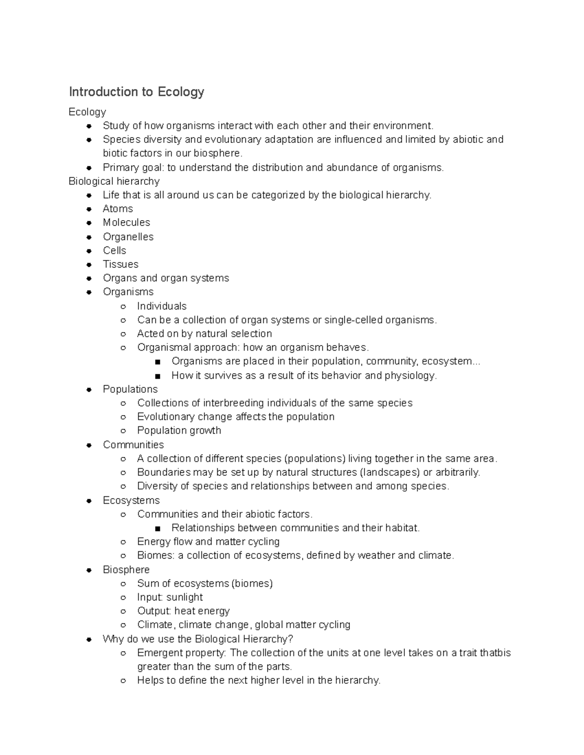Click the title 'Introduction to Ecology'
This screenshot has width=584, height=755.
[x=136, y=92]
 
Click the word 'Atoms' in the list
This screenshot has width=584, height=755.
[x=118, y=209]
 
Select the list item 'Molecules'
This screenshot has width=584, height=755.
[x=127, y=223]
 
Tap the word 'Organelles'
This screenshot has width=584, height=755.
[x=128, y=237]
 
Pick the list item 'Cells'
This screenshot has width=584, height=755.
[x=114, y=250]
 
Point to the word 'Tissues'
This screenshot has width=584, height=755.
[x=121, y=264]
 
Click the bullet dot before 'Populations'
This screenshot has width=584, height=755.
[x=89, y=389]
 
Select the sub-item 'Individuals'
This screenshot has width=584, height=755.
[x=162, y=306]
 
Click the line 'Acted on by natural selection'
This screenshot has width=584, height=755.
[x=204, y=334]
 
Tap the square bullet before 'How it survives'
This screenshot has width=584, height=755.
[x=157, y=376]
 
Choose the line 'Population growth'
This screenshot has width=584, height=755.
[x=179, y=430]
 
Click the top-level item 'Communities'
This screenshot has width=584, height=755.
[x=133, y=445]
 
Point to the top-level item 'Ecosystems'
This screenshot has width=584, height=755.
[x=131, y=500]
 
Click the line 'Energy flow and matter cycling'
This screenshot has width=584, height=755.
[x=208, y=542]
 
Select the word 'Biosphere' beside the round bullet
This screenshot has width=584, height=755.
[x=126, y=569]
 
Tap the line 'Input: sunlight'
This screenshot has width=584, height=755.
[x=170, y=597]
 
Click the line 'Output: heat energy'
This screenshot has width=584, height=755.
[x=183, y=611]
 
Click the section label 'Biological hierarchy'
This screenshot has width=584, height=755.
[x=114, y=181]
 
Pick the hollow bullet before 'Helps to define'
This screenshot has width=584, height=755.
[x=124, y=681]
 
